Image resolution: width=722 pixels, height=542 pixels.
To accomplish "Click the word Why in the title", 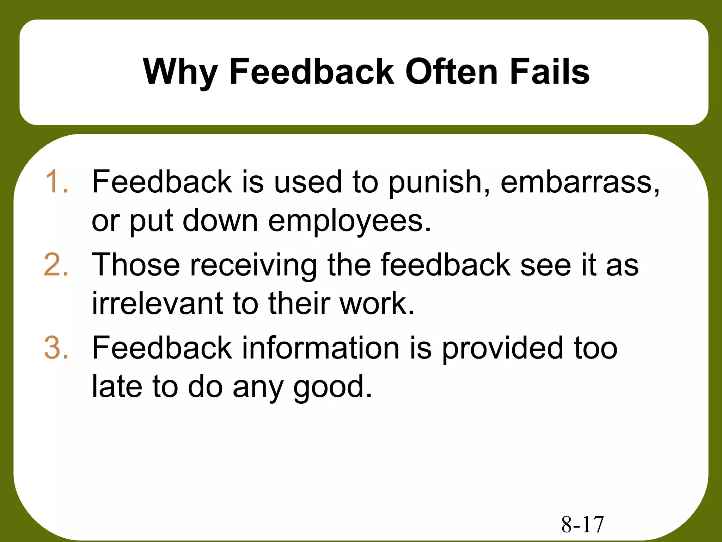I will click(x=180, y=72).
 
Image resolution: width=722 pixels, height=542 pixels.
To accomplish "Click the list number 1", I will click(x=56, y=182).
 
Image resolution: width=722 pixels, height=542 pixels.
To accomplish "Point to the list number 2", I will click(x=56, y=265).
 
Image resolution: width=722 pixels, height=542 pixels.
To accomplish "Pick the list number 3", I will click(x=56, y=348).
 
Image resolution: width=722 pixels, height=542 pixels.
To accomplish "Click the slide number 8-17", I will click(x=582, y=524).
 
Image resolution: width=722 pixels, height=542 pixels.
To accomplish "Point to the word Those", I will click(x=136, y=265).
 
